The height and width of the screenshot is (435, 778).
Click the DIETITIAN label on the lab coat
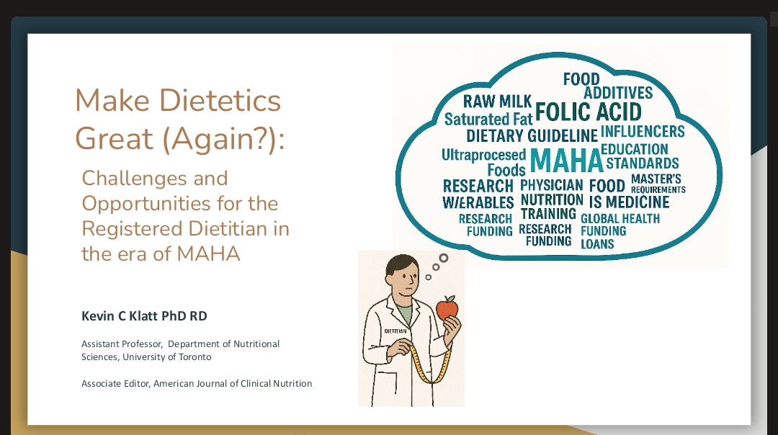(x=395, y=331)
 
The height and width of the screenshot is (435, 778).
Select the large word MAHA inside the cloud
(x=566, y=161)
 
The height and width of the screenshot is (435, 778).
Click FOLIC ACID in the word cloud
(x=589, y=112)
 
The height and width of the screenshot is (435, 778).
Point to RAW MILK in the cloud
(x=497, y=101)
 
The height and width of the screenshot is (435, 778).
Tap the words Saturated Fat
(x=488, y=119)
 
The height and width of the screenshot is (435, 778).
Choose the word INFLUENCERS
(x=643, y=132)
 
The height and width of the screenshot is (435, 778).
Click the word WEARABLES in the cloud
(x=478, y=202)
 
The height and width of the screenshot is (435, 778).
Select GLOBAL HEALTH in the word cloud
(x=620, y=219)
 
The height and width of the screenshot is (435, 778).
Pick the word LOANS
(x=597, y=244)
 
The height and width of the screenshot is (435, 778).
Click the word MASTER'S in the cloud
(x=656, y=179)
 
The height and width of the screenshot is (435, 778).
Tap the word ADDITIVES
(x=618, y=93)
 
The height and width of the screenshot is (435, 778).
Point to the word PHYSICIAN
(x=551, y=185)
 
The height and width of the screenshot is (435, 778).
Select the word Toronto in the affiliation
(x=194, y=356)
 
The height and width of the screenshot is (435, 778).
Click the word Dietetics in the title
(x=220, y=100)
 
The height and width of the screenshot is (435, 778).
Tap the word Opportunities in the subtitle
(x=146, y=204)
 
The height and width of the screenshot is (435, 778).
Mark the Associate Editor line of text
(x=197, y=383)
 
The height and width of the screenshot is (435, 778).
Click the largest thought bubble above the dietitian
(x=444, y=258)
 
